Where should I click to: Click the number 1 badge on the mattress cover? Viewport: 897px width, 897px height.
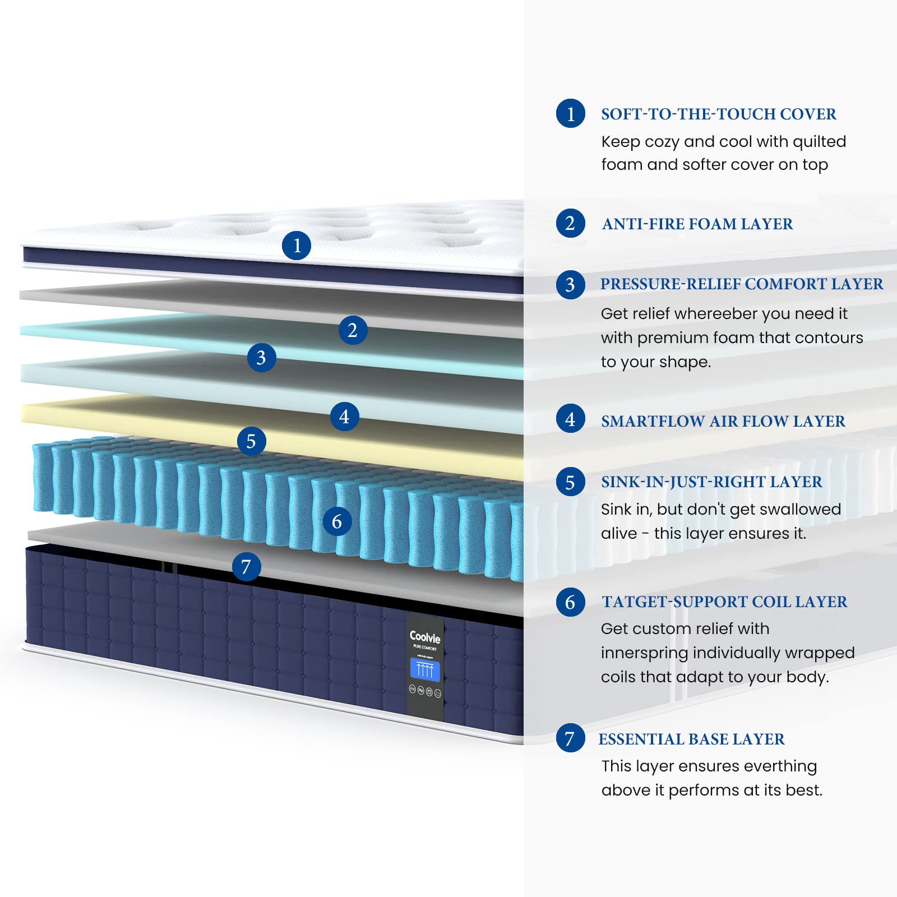pos(297,246)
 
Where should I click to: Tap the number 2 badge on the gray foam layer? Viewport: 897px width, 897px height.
pos(353,330)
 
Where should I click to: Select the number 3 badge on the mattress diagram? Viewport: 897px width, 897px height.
pos(261,358)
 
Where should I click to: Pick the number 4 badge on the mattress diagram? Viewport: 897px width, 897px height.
pos(344,417)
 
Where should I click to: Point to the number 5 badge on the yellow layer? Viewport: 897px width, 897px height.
pos(251,441)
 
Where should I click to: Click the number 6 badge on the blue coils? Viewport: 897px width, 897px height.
pos(337,522)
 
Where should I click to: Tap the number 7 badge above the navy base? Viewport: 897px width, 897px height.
pos(246,567)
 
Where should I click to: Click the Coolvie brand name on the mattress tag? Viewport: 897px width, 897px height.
pos(425,637)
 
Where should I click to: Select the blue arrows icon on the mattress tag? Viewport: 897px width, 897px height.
pos(425,670)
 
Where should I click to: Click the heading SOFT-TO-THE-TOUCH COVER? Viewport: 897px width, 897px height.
pos(719,114)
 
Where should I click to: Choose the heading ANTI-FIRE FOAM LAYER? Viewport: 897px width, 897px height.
pos(697,224)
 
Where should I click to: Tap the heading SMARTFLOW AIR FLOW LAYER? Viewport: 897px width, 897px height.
pos(723,422)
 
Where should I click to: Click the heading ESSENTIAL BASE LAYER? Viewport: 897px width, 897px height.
pos(692,739)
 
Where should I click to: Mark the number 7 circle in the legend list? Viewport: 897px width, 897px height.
pos(570,738)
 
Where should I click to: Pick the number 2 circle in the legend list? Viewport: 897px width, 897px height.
pos(570,223)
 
